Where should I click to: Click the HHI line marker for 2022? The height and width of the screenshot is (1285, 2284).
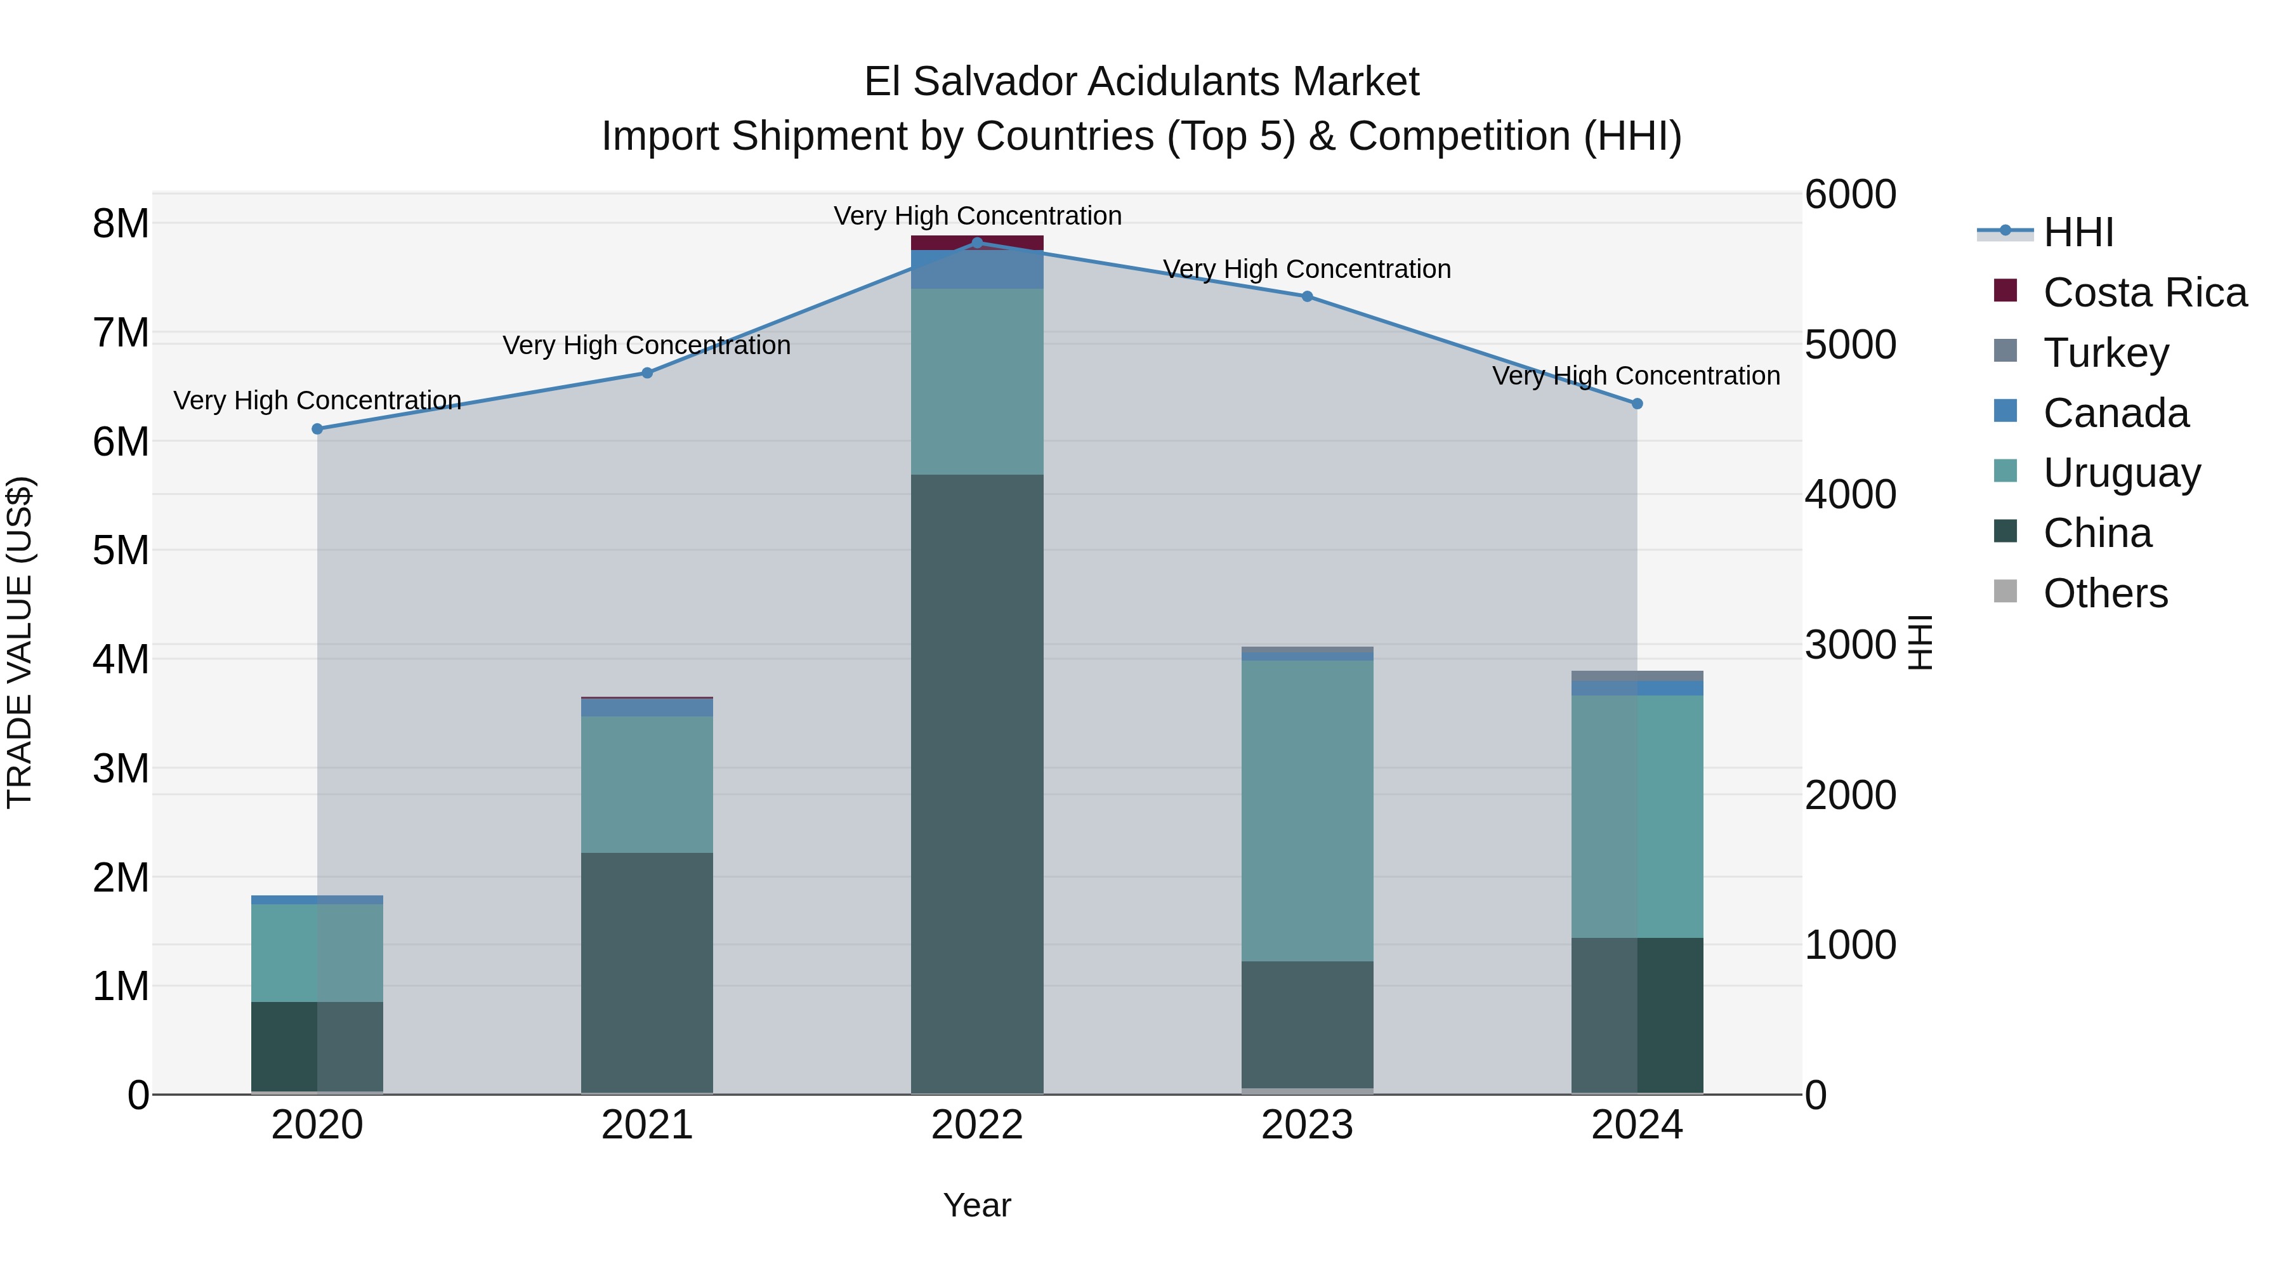(x=977, y=242)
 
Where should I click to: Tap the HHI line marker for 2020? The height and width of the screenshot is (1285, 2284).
(x=317, y=428)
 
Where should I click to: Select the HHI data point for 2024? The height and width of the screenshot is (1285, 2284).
(x=1637, y=404)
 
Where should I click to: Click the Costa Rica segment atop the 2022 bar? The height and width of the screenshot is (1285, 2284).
(x=977, y=242)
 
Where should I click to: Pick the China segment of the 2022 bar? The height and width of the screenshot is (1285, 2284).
(x=977, y=781)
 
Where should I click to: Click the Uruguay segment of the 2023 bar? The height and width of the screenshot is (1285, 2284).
(x=1307, y=809)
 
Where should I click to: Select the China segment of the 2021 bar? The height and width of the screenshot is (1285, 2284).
(x=647, y=971)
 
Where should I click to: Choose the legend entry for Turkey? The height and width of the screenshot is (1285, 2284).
(x=2105, y=352)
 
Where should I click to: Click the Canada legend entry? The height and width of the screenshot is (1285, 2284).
(x=2115, y=412)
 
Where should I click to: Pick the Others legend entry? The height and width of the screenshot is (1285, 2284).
(x=2105, y=593)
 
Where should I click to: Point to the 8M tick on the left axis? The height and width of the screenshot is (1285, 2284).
(x=121, y=223)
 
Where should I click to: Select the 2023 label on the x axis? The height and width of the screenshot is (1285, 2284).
(x=1307, y=1125)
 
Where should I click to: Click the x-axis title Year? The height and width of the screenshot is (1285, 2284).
(x=977, y=1205)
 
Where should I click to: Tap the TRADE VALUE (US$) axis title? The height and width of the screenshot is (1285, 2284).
(x=20, y=642)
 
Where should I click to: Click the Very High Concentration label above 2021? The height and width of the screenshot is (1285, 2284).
(x=646, y=345)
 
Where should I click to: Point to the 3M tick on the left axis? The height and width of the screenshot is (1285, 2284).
(x=121, y=768)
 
